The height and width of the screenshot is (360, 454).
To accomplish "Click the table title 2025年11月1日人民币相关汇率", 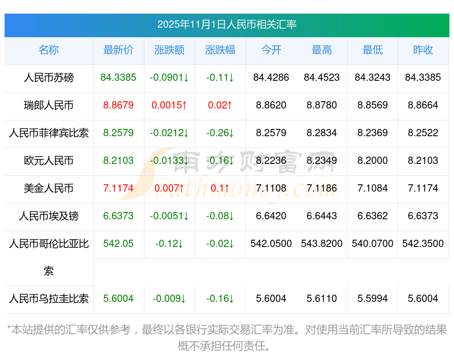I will [x=227, y=25].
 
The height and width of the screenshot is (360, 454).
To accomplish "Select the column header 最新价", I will [x=118, y=50].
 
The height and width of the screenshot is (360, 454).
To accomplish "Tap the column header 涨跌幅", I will [x=220, y=50].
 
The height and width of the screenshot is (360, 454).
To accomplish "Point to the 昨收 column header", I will [x=423, y=50].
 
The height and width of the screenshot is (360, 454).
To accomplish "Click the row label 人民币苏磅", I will [x=49, y=78].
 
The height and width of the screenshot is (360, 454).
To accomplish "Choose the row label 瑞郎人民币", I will [x=49, y=105].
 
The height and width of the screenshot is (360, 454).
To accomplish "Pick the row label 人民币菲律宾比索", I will [x=49, y=133].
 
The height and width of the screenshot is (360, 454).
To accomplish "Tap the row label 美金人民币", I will [x=49, y=188].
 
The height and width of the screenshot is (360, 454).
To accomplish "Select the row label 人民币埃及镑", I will [x=49, y=216].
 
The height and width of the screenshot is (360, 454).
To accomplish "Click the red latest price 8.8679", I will [x=118, y=105].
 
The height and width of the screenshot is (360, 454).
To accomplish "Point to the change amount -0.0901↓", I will [x=169, y=78].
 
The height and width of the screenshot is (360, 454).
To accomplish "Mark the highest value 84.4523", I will [x=322, y=78].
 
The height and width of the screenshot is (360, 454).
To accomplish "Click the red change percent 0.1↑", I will [x=220, y=188].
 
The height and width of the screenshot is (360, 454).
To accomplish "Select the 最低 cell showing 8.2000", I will [x=373, y=161].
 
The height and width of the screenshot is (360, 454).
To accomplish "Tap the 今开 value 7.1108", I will [x=271, y=188].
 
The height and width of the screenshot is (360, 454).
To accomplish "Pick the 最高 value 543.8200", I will [x=322, y=244].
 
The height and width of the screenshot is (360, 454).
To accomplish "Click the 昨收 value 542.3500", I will [x=423, y=244].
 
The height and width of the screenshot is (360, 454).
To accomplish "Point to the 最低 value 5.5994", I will [x=373, y=299].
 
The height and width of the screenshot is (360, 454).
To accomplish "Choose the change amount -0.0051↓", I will [x=169, y=216].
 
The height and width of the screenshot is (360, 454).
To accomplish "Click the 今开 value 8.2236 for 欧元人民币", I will [x=271, y=161].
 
